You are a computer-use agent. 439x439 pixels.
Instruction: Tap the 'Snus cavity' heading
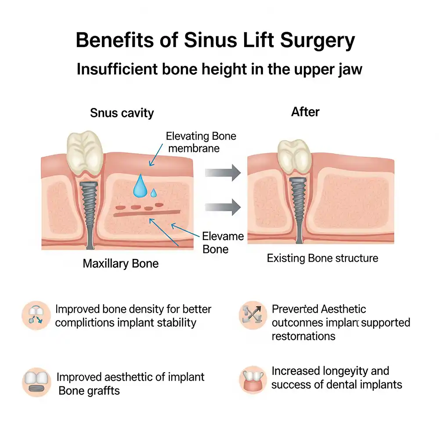pos(122,113)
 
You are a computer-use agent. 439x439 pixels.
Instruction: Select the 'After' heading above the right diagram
pos(305,112)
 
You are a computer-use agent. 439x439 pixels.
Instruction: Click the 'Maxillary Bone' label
pos(121,264)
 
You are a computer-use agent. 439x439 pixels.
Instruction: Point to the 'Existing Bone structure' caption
pos(322,258)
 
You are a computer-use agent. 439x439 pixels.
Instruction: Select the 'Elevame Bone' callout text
pos(223,243)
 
